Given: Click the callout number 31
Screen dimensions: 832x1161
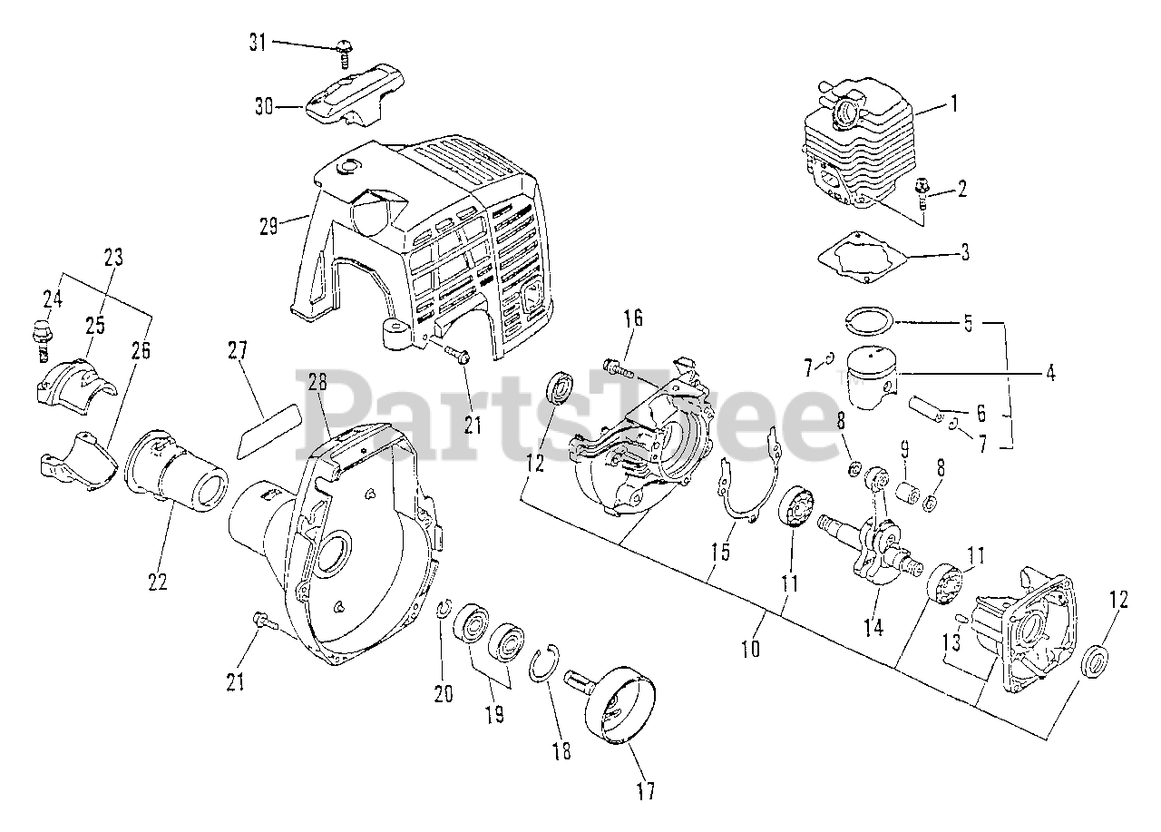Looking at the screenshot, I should coord(258,42).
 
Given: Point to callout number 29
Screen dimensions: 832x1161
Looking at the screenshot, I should coord(268,225).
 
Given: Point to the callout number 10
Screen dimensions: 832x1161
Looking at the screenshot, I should coord(750,650).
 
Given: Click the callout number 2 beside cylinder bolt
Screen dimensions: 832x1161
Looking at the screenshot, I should coord(961,189).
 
